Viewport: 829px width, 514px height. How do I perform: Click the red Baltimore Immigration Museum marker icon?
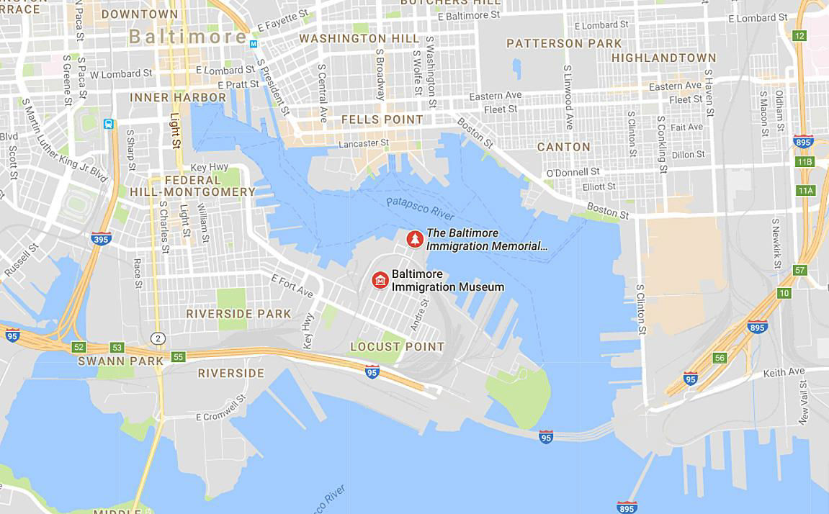pos(380,280)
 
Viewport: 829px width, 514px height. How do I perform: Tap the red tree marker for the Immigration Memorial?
pos(414,239)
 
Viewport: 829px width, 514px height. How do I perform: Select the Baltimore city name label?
pos(188,37)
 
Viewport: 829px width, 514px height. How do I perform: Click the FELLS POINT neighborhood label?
pos(382,120)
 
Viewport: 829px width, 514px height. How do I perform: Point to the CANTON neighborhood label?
pos(564,147)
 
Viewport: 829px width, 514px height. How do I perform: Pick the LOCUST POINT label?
pos(398,346)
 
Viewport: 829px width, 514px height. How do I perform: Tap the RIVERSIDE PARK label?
pos(238,314)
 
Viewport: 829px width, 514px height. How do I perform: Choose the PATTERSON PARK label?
pos(563,43)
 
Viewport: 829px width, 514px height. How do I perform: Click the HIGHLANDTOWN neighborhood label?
pos(664,58)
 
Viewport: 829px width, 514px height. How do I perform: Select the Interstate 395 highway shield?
pos(101,238)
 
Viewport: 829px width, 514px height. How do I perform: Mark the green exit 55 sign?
pos(179,356)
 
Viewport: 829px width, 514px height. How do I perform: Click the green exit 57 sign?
pos(799,270)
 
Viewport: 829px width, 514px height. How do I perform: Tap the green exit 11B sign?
pos(805,162)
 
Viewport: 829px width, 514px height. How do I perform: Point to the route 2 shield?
pos(158,338)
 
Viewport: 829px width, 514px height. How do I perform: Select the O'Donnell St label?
pos(573,172)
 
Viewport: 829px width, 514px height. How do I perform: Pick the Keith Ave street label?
pos(784,372)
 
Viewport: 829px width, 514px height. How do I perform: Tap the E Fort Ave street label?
pos(292,286)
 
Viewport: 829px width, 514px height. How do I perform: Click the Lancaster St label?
pos(364,144)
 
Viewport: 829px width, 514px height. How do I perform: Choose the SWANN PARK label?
pos(112,361)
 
